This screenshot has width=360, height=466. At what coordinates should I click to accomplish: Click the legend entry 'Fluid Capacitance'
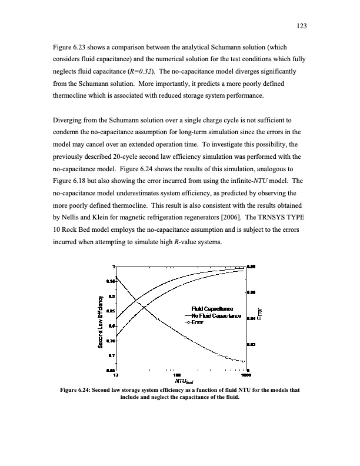[212, 309]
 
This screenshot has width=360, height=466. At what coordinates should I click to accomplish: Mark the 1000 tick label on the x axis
[245, 374]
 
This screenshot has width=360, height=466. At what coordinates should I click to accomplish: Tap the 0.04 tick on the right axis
[251, 319]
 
